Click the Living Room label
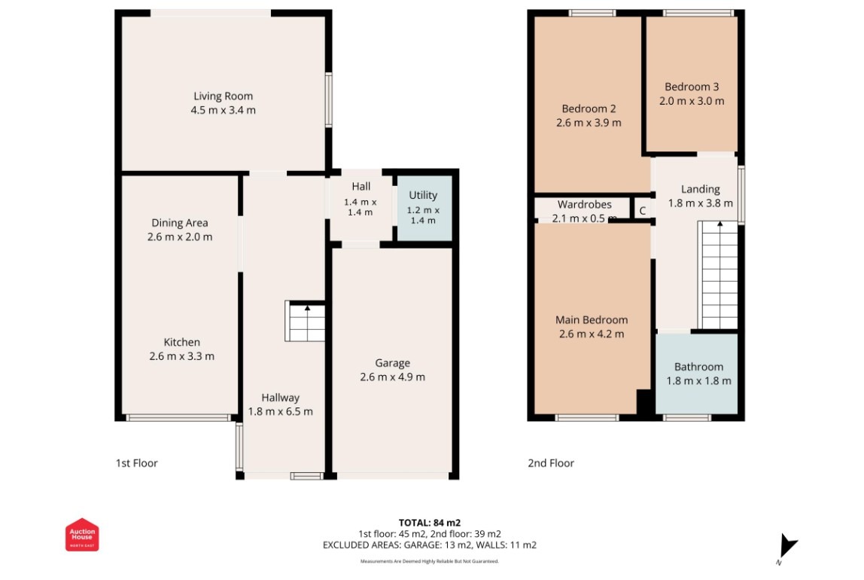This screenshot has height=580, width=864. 223,96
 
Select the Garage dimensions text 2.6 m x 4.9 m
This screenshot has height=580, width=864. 392,377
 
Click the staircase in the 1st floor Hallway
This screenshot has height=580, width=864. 306,322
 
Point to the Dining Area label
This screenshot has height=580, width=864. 180,223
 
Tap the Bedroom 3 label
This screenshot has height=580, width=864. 692,87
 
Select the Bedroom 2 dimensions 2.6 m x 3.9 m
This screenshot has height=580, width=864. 589,123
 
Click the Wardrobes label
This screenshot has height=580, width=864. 584,204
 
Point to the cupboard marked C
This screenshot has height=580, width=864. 643,211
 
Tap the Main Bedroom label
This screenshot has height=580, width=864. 592,320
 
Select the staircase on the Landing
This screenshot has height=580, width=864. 719,275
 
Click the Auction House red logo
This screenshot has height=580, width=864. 82,535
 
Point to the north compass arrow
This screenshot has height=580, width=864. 787,546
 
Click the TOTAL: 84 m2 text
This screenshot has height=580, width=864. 429,522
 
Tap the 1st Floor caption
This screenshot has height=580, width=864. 136,463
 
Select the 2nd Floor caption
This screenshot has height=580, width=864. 551,463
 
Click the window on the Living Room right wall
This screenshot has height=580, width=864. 328,99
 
